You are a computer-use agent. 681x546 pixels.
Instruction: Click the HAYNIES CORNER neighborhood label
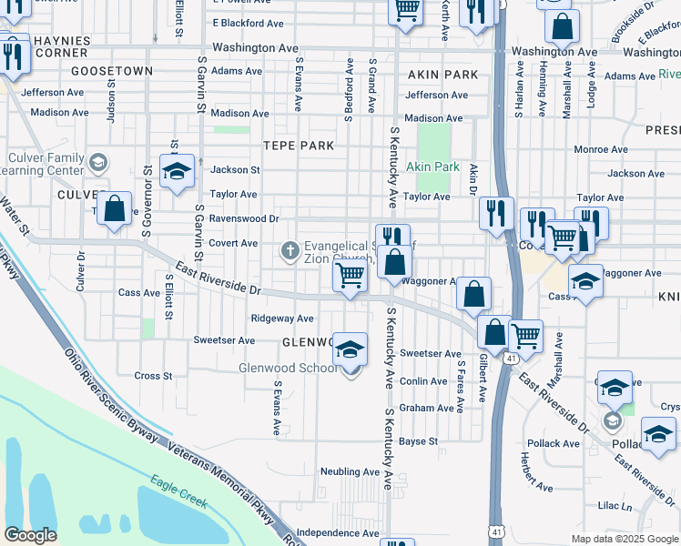point(63,47)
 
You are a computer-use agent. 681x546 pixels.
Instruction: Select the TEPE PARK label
point(299,146)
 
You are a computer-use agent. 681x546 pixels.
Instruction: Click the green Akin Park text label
point(432,167)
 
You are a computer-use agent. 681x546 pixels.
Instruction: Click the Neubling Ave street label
point(349,471)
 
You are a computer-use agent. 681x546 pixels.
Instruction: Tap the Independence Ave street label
point(336,532)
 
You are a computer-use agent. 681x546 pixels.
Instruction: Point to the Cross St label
point(153,376)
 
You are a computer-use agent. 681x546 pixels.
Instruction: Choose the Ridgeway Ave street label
point(282,318)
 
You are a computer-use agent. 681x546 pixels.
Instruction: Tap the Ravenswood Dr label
point(243,218)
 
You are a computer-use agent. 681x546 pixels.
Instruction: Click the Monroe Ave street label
point(600,149)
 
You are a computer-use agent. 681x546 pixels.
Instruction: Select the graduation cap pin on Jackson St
point(178,171)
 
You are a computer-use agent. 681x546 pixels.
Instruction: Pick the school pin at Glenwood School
point(351,350)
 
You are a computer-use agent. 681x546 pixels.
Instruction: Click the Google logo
point(31,535)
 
